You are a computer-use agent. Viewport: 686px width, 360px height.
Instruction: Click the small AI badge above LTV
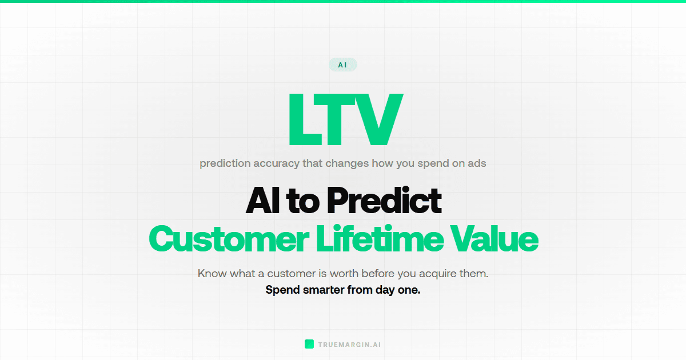[342, 65]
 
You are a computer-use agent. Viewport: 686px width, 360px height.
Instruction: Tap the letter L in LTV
[303, 121]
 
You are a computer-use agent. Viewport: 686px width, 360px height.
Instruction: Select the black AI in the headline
[262, 201]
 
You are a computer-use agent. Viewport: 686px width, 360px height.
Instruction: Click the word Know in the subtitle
[212, 273]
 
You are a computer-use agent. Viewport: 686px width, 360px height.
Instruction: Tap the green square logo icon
[309, 344]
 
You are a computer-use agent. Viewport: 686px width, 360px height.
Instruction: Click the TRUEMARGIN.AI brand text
[349, 345]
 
